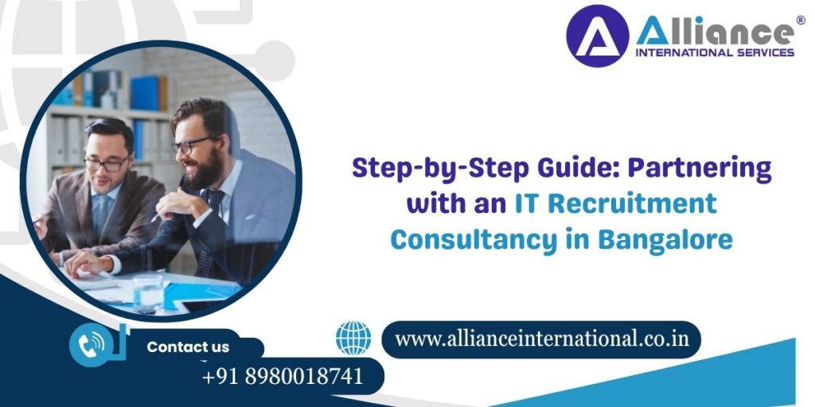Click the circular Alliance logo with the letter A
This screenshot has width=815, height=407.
pyautogui.click(x=597, y=36)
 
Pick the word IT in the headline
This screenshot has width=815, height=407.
pyautogui.click(x=523, y=203)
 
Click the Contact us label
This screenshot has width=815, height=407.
pyautogui.click(x=188, y=347)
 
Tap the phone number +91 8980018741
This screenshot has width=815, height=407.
pyautogui.click(x=283, y=375)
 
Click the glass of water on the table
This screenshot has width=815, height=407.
pyautogui.click(x=147, y=293)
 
